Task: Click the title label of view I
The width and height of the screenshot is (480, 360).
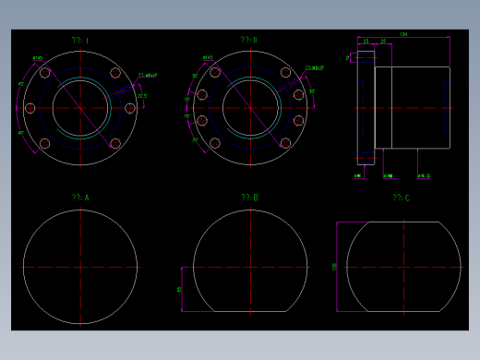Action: (x=80, y=41)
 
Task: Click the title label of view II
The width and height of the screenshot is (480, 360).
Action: (x=249, y=41)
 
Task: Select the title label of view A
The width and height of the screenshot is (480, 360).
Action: (x=80, y=198)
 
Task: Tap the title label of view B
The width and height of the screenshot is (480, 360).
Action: (x=249, y=198)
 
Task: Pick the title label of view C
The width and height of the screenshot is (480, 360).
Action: (x=401, y=198)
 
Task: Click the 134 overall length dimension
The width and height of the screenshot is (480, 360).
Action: (x=403, y=35)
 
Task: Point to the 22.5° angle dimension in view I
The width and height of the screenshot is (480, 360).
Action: (x=142, y=96)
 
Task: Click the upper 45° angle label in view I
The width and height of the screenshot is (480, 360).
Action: (x=21, y=84)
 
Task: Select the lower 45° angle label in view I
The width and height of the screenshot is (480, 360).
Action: (x=21, y=133)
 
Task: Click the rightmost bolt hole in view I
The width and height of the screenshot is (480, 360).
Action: (x=130, y=108)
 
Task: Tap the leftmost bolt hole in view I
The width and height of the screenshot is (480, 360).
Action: (x=30, y=108)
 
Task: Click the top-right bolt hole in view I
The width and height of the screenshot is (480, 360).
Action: (x=115, y=73)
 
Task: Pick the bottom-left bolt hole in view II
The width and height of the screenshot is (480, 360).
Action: (x=215, y=143)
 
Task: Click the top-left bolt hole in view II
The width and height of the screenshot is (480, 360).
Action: (x=215, y=73)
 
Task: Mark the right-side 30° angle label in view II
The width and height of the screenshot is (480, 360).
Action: (x=312, y=91)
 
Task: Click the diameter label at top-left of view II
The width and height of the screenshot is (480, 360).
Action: (x=208, y=58)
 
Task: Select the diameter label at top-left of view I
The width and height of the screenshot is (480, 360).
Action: (x=38, y=58)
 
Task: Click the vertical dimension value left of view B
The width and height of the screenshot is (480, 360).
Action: (x=180, y=289)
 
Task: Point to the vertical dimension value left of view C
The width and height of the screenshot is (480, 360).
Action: (x=334, y=267)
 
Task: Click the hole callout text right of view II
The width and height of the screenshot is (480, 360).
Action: (x=316, y=67)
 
